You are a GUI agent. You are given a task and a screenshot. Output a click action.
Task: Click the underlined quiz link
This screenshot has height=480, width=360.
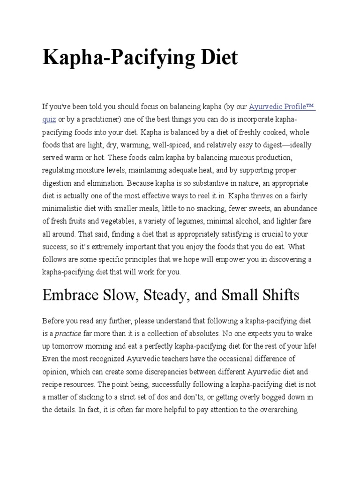click(49, 120)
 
